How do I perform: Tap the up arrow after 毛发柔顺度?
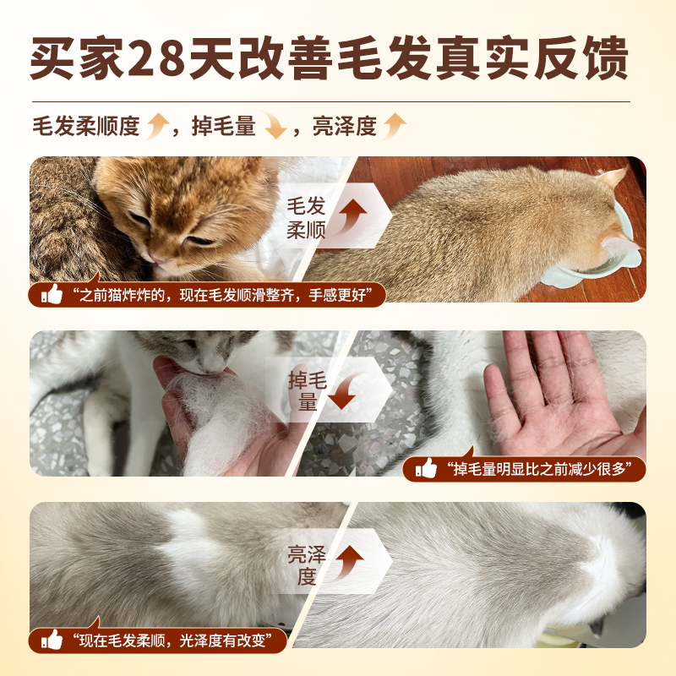158,127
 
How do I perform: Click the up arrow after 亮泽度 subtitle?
394,127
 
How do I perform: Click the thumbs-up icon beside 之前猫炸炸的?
52,295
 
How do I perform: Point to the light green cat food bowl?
591,253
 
